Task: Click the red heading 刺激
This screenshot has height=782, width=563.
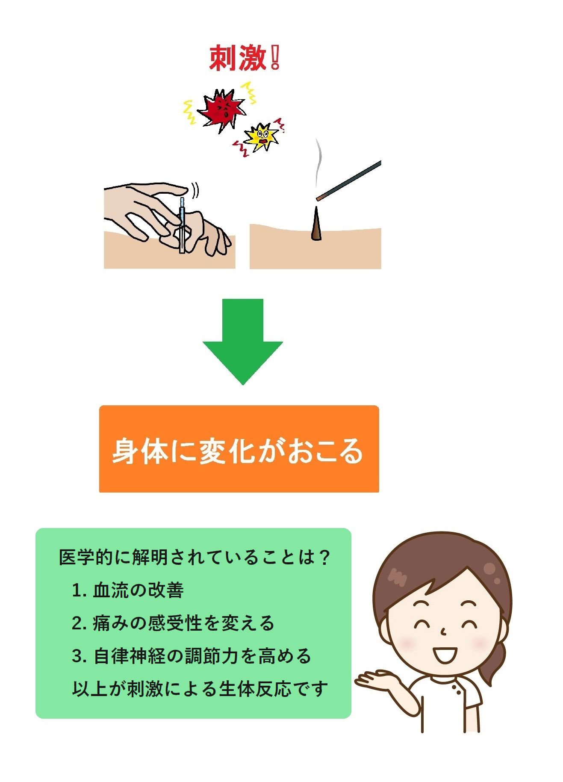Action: pos(238,59)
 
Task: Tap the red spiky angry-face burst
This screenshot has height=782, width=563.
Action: pos(221,109)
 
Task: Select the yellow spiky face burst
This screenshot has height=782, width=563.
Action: pos(261,137)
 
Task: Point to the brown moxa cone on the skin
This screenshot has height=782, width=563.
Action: pos(316,224)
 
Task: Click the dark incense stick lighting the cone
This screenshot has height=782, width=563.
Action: pos(348,180)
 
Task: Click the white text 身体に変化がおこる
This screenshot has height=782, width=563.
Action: pos(238,451)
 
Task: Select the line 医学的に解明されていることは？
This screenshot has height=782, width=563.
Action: pos(195,557)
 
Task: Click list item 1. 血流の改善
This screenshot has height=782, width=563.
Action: pos(128,590)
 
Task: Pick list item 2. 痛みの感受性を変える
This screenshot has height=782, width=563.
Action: pos(173,623)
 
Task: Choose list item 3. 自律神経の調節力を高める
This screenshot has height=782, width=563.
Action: pos(191,656)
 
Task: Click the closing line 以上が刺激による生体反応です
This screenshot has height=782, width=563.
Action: pos(200,689)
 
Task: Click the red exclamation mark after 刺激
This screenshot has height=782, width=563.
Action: pos(275,58)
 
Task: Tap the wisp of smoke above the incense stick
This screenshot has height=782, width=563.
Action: pos(318,165)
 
